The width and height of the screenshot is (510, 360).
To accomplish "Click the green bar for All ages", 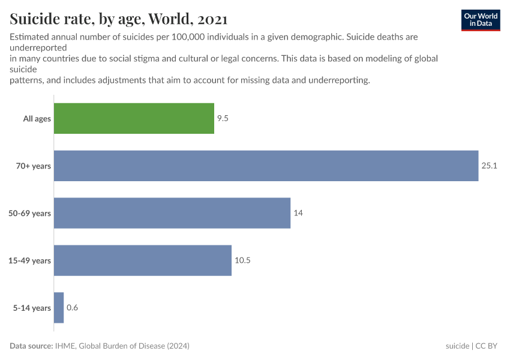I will click(134, 118).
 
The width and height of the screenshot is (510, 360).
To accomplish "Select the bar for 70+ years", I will click(266, 166).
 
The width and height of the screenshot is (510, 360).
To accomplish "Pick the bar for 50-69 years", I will click(172, 213).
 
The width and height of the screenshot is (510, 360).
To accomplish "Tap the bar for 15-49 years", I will click(143, 260).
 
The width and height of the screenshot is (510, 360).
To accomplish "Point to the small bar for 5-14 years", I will click(59, 308).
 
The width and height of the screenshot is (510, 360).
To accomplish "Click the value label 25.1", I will click(490, 166).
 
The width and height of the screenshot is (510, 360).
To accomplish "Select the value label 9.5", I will click(223, 118).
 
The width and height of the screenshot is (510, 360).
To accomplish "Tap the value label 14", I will click(298, 213).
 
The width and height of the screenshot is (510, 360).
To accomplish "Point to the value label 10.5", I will click(242, 260).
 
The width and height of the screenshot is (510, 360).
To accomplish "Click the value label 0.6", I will click(72, 308).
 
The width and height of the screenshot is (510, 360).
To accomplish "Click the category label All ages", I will click(37, 119).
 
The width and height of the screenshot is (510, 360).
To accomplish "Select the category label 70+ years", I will click(34, 166).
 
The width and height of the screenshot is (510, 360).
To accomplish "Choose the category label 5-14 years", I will click(32, 308).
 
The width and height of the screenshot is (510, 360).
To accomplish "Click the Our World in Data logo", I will click(481, 20).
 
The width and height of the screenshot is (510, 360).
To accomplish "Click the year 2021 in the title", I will click(210, 19).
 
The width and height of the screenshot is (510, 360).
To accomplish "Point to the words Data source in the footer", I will click(31, 346).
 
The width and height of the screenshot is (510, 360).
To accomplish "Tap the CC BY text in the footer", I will click(487, 346).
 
